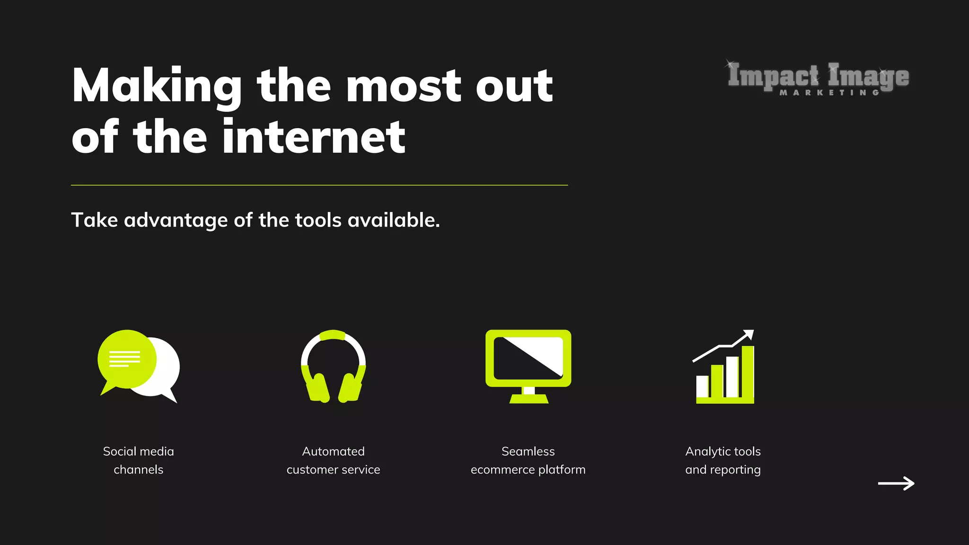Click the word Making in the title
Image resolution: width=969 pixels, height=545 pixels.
157,86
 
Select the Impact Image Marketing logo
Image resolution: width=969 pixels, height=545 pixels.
818,78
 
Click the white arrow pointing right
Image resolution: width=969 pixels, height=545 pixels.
896,483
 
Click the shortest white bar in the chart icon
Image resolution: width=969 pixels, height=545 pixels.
702,387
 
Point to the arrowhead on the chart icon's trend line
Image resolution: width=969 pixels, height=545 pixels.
749,334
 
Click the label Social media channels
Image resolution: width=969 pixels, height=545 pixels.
138,460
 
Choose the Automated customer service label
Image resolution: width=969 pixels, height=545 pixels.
333,460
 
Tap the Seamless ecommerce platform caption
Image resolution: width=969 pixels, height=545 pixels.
528,460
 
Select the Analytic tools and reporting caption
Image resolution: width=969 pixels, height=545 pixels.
723,460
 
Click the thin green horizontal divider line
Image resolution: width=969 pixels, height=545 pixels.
319,185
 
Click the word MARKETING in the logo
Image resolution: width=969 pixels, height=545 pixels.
829,93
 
